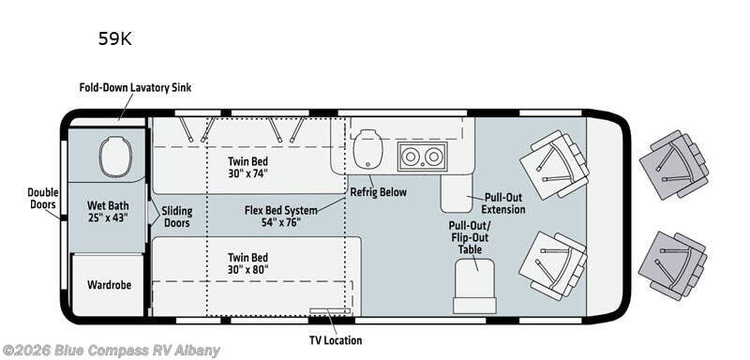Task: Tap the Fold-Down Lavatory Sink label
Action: (x=136, y=89)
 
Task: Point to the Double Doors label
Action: (x=42, y=198)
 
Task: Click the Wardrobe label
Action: (x=110, y=283)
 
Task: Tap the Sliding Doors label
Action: (x=176, y=217)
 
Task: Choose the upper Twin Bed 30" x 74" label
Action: (x=247, y=167)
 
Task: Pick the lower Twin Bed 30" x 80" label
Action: (x=247, y=263)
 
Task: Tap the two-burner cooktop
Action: (x=418, y=156)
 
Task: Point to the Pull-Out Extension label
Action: (x=503, y=203)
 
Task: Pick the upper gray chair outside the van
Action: (x=672, y=164)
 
